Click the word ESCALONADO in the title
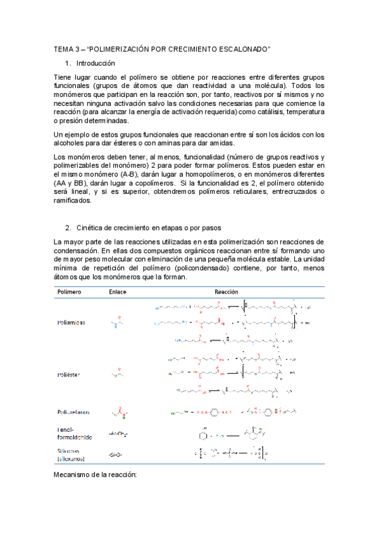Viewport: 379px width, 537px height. pos(242,48)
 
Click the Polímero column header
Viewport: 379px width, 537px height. pos(70,292)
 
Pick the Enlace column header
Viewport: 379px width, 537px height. pos(118,292)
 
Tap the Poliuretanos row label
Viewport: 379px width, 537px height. pos(73,412)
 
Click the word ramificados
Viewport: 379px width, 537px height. pos(73,201)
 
